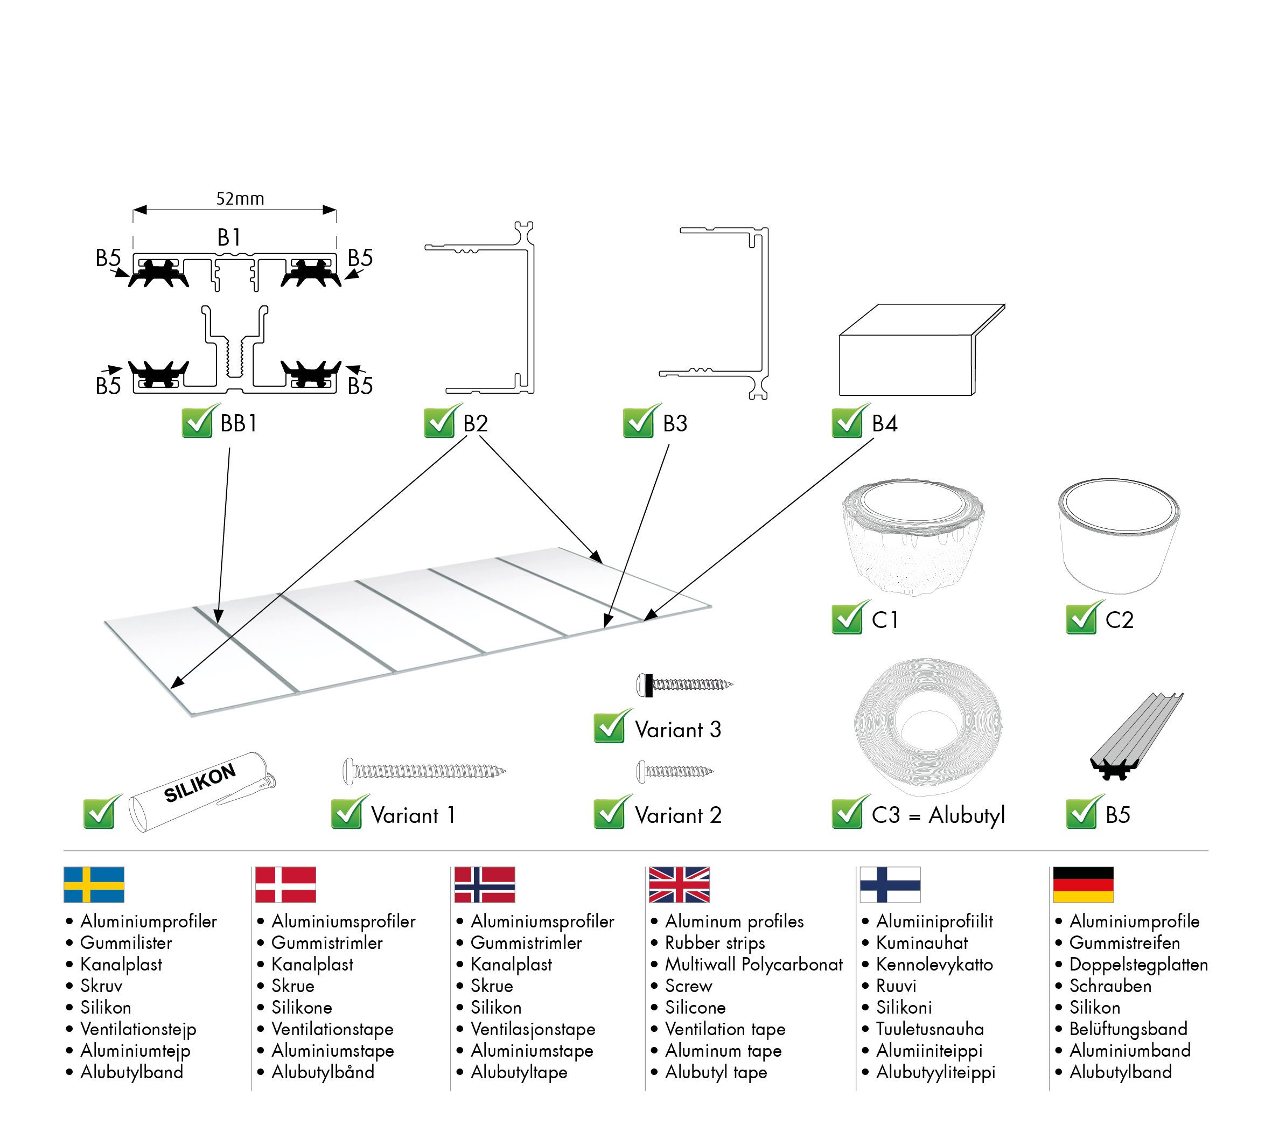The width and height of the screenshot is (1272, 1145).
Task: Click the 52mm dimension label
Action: click(x=240, y=199)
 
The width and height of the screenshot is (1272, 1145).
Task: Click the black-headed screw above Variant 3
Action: click(x=684, y=685)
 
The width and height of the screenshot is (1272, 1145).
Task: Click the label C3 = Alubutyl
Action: click(x=938, y=815)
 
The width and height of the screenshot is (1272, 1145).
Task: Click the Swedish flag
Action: click(x=94, y=884)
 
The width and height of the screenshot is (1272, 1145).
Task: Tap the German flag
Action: click(x=1082, y=884)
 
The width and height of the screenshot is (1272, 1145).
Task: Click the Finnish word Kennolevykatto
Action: click(x=934, y=965)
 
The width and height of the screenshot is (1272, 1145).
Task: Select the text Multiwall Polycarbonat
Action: click(x=753, y=965)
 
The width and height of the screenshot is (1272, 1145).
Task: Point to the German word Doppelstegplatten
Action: click(x=1138, y=965)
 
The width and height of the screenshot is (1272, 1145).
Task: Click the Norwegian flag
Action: click(x=484, y=884)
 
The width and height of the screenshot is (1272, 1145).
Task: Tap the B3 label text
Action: click(x=675, y=423)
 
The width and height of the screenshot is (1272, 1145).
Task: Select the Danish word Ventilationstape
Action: click(x=332, y=1029)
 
